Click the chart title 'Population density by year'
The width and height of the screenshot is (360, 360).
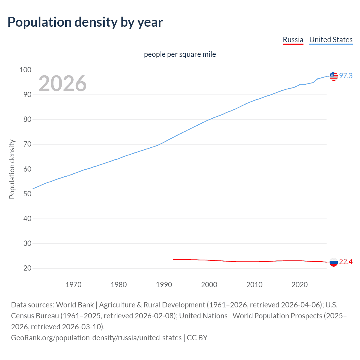(x=85, y=22)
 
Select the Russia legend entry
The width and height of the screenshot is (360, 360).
(x=293, y=40)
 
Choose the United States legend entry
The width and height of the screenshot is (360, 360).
(x=331, y=40)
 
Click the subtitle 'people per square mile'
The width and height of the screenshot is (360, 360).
(x=180, y=54)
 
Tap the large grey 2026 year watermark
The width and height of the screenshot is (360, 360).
(x=62, y=84)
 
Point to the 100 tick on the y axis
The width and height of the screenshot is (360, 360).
(x=25, y=70)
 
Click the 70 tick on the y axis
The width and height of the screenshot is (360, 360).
(x=27, y=144)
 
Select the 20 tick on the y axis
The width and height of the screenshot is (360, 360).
(x=27, y=268)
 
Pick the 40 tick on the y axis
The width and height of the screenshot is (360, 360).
(x=27, y=219)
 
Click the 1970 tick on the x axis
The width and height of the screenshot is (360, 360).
(x=73, y=285)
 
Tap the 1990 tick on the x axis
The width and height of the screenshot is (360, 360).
(x=164, y=285)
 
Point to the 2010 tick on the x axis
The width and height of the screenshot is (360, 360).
(x=254, y=285)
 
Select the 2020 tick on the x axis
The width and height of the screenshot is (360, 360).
(x=300, y=285)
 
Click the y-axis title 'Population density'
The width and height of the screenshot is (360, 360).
(x=12, y=169)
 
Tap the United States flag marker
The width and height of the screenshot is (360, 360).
(x=334, y=76)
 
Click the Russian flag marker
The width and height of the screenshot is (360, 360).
(x=334, y=262)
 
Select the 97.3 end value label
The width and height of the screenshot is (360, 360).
(x=346, y=76)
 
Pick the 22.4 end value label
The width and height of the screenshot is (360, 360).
(x=346, y=262)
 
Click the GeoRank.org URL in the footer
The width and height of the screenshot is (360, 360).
(x=96, y=337)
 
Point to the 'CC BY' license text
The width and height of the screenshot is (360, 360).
(x=197, y=337)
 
